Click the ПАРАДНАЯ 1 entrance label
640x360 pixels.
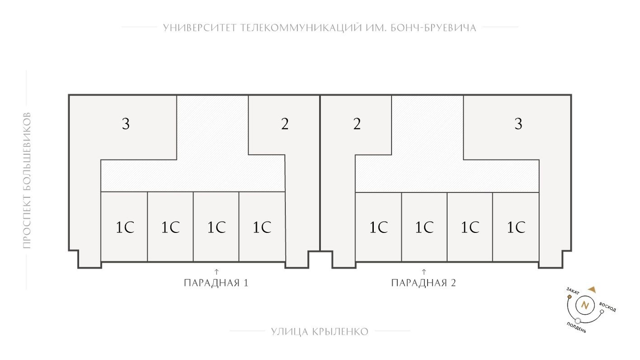(x=216, y=284)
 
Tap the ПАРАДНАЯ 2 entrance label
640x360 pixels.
(x=424, y=284)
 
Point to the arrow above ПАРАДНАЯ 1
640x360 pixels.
(x=216, y=271)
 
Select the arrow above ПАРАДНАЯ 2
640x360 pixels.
(x=424, y=271)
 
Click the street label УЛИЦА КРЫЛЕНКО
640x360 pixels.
(x=320, y=332)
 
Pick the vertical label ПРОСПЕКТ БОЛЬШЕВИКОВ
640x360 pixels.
(x=27, y=180)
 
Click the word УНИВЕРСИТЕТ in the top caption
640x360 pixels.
(x=199, y=28)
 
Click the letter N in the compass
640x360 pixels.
(x=585, y=305)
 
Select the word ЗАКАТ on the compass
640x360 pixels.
(x=572, y=291)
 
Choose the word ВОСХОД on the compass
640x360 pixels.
(x=608, y=307)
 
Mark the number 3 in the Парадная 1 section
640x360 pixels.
(x=126, y=123)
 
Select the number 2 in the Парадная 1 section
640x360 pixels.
(x=285, y=123)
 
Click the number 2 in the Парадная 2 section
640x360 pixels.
(x=357, y=123)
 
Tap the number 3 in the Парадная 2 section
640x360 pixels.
(x=518, y=123)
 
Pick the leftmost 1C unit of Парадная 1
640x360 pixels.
(x=125, y=227)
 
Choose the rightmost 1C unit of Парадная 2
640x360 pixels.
(x=516, y=227)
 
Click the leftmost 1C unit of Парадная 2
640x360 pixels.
(x=379, y=227)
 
